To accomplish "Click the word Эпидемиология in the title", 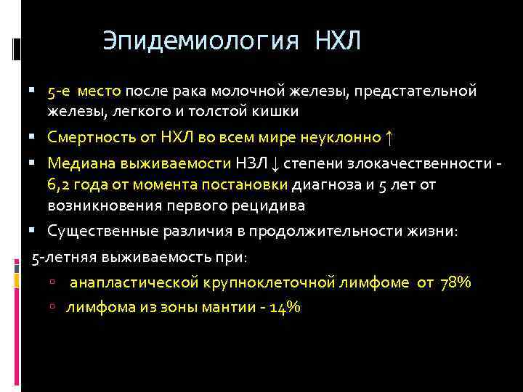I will (x=200, y=41).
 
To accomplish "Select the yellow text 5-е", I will (x=60, y=92).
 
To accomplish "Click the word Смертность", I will (x=89, y=137).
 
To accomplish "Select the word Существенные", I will (x=98, y=232).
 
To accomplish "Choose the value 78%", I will (x=455, y=282).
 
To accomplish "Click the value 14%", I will (x=284, y=307).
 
